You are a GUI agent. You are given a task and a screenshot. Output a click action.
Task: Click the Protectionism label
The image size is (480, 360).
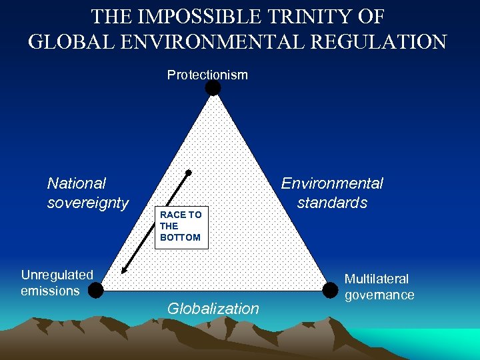pos(207,75)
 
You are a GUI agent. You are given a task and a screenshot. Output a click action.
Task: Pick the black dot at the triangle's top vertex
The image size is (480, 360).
pos(213,88)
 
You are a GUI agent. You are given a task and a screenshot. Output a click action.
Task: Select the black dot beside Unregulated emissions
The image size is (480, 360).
pos(96,290)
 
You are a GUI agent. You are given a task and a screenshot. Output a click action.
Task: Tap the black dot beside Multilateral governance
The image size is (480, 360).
pos(329,290)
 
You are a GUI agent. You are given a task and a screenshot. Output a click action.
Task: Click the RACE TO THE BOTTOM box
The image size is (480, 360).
pos(181,227)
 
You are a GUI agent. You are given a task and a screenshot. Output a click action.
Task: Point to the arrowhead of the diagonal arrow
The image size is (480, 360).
pos(123,272)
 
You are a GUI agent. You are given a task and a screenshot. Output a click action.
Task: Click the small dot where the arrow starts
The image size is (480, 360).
pos(189,173)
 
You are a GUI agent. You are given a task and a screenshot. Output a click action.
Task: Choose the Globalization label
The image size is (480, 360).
pos(213,309)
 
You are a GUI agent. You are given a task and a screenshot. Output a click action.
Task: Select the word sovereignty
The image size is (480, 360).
pos(88,203)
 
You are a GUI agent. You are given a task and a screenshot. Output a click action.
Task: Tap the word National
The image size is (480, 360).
pos(77,183)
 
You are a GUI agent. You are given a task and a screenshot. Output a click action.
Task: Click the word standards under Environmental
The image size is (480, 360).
pos(332,203)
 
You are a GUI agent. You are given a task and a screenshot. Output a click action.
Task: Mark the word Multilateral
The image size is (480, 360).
pos(377,279)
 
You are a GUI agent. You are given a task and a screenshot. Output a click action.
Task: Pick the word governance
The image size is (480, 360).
pos(379,295)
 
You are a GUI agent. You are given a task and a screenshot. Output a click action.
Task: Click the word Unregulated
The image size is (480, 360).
pos(57,275)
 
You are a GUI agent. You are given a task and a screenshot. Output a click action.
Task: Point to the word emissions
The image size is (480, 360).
pos(50,291)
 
